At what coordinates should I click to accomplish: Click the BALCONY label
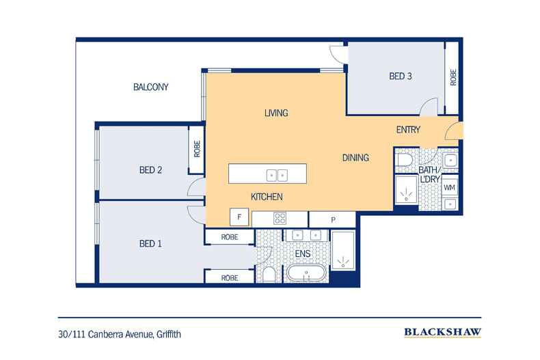[150, 87]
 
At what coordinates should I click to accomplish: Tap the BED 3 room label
[401, 77]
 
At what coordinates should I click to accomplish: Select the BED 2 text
[150, 170]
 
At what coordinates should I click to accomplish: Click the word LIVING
[276, 113]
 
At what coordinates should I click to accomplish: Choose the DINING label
[355, 158]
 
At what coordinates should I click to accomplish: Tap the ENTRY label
[408, 130]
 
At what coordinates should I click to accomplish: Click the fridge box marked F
[239, 219]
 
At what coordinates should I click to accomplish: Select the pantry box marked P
[332, 219]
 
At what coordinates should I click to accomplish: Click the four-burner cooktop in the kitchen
[280, 219]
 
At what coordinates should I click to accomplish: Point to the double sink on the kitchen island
[277, 175]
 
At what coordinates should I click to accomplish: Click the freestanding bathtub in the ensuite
[308, 275]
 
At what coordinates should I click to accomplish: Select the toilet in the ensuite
[270, 275]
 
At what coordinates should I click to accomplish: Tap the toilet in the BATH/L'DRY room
[404, 160]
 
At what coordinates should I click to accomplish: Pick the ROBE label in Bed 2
[196, 149]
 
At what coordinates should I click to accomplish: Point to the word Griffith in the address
[167, 334]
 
